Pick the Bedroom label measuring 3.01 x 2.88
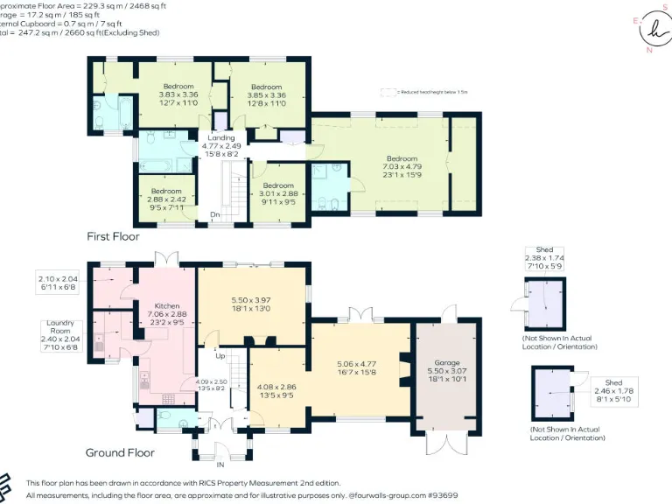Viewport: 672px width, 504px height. [277, 185]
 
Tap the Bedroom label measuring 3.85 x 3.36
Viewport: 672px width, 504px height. [266, 87]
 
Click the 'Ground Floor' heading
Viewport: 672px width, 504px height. [120, 452]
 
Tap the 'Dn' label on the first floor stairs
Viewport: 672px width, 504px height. [214, 213]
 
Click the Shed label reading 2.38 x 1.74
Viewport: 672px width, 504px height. [544, 250]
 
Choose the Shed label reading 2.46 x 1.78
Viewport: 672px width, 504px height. [613, 382]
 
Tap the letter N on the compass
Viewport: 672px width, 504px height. [648, 50]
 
